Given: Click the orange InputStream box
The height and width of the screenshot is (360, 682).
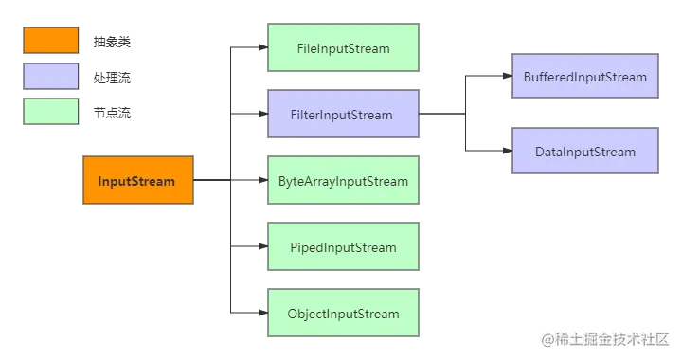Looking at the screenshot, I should [x=136, y=180].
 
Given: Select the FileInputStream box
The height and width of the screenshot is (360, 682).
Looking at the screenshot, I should [x=342, y=48].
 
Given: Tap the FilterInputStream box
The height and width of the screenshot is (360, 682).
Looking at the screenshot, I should [x=342, y=115].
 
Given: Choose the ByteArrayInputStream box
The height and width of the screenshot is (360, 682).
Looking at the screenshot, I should [x=342, y=181].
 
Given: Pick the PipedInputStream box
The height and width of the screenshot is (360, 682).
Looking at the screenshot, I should [x=342, y=247].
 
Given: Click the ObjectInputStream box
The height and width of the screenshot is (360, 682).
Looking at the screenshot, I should [x=342, y=314].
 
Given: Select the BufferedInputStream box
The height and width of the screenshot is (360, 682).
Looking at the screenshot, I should [x=584, y=78].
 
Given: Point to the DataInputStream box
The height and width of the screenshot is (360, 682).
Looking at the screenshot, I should [x=584, y=152].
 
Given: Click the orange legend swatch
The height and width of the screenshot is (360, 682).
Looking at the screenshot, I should [x=51, y=40].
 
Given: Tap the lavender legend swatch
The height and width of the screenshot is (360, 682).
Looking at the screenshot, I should [x=51, y=76].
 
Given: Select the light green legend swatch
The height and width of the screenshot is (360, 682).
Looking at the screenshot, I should [x=51, y=112].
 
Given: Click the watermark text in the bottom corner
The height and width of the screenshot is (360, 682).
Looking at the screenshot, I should [x=604, y=338].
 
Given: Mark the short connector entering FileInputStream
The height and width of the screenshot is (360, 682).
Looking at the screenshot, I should [x=247, y=46].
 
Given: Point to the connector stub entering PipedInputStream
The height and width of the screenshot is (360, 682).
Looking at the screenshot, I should [x=247, y=246].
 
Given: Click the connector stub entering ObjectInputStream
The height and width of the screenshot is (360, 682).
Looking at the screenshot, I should [x=247, y=313].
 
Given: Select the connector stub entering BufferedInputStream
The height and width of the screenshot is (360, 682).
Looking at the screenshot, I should [x=487, y=76].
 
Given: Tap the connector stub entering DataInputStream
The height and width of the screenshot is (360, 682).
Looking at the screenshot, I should [x=487, y=150].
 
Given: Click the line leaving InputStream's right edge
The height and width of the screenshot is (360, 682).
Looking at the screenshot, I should [x=212, y=179].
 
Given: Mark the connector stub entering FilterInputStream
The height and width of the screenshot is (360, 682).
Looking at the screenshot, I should [x=247, y=113].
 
